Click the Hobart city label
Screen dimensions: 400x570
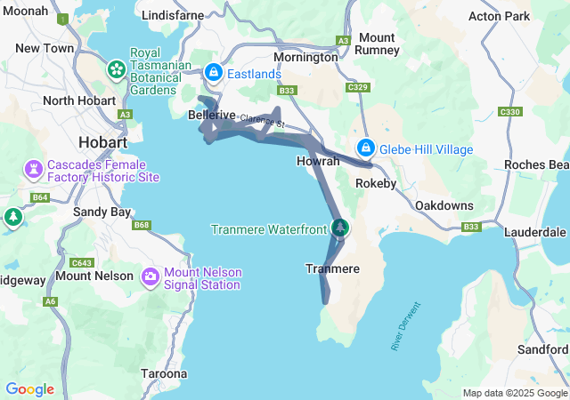point(102,142)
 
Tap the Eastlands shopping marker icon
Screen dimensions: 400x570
point(214,72)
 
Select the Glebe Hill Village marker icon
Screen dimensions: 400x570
point(365,148)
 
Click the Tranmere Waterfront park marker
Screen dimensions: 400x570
point(339,228)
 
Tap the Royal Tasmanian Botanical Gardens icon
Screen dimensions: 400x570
point(117,68)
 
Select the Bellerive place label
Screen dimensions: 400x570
point(212,116)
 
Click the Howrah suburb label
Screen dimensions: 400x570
point(318,162)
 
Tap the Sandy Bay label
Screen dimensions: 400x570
point(102,212)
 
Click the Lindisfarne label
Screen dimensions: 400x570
point(173,15)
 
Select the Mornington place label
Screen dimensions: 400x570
point(305,57)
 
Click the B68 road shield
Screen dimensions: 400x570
point(142,225)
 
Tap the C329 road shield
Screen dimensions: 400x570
point(358,87)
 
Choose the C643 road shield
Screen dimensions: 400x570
point(82,262)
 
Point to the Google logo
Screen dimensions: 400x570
point(29,389)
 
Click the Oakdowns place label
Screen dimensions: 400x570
point(444,205)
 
